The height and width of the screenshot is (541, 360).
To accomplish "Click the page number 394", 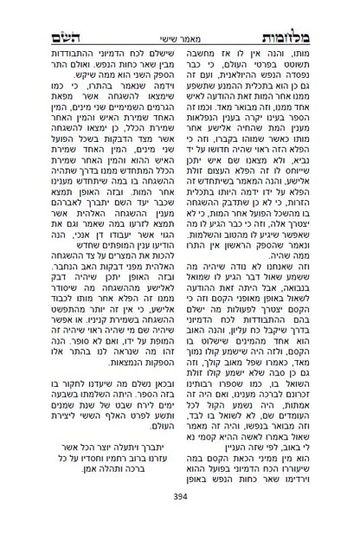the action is click(x=180, y=519).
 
